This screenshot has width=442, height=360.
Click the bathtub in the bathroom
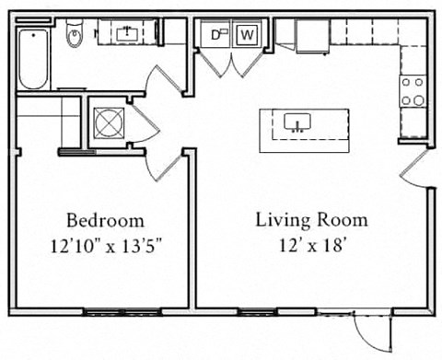(34, 58)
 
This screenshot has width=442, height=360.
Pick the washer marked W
(247, 35)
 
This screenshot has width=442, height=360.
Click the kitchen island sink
(297, 122)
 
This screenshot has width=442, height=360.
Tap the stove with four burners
(413, 90)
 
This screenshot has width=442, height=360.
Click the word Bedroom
(105, 220)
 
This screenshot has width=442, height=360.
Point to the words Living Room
(311, 220)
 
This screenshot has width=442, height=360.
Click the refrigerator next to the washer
(310, 35)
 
